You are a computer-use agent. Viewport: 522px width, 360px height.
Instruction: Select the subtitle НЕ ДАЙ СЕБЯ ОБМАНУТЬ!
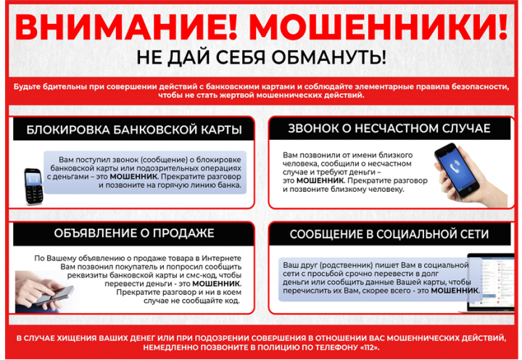pyautogui.click(x=261, y=57)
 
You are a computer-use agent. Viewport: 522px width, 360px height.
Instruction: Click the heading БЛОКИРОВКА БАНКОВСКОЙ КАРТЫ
pyautogui.click(x=133, y=131)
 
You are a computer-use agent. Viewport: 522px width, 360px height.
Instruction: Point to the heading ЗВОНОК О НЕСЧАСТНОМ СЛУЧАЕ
pyautogui.click(x=389, y=129)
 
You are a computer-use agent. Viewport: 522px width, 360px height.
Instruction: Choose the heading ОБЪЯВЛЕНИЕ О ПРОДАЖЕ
pyautogui.click(x=133, y=234)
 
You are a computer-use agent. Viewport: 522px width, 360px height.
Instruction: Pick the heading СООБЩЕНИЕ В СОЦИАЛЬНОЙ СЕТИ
pyautogui.click(x=389, y=235)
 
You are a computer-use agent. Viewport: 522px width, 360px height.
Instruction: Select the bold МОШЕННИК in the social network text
pyautogui.click(x=455, y=290)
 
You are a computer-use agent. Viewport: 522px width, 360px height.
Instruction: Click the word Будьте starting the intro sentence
pyautogui.click(x=27, y=86)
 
